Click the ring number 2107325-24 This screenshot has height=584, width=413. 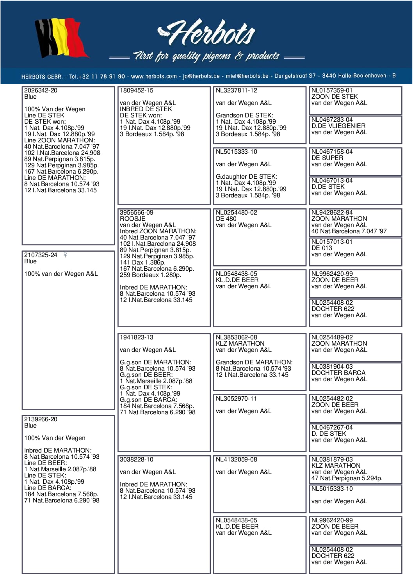tap(41, 255)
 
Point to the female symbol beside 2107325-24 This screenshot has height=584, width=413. tap(65, 255)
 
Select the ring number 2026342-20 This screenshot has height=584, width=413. tap(41, 91)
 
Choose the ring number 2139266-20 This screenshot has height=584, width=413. tap(41, 419)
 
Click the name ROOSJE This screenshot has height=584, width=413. tap(132, 219)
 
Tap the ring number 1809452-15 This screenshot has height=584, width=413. tap(136, 91)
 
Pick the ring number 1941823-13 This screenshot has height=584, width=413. tap(136, 337)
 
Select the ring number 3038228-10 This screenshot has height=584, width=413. tap(136, 460)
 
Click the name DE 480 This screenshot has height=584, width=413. tap(226, 219)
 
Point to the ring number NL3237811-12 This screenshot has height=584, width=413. tap(236, 91)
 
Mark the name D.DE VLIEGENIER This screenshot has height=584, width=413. tap(338, 126)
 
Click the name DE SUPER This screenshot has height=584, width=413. tap(327, 158)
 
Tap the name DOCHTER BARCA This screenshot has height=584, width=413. tap(338, 373)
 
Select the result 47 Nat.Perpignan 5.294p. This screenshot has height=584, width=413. tap(347, 478)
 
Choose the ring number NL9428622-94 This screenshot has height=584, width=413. tap(332, 213)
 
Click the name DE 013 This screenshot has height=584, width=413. tap(322, 248)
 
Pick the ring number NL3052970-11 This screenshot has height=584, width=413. tap(236, 399)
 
